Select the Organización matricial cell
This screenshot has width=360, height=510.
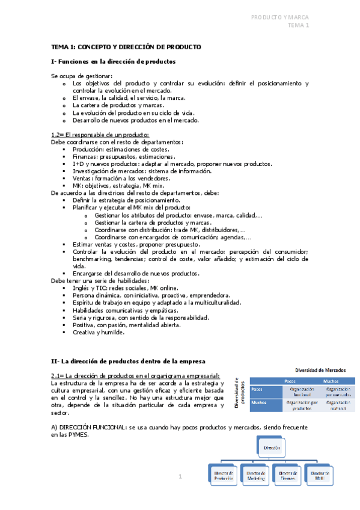click(337, 406)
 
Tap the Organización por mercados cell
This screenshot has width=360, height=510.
click(337, 392)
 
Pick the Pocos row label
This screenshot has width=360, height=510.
click(258, 389)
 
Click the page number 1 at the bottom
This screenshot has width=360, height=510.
click(180, 476)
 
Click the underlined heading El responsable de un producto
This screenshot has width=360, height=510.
click(106, 135)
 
